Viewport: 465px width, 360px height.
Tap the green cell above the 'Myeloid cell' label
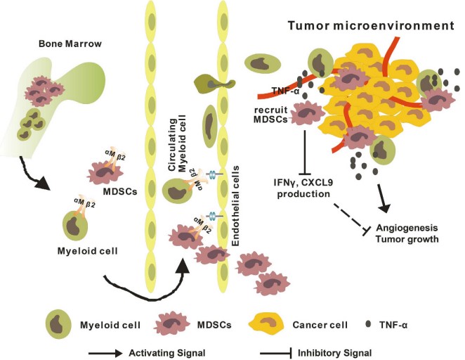tap(75, 226)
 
